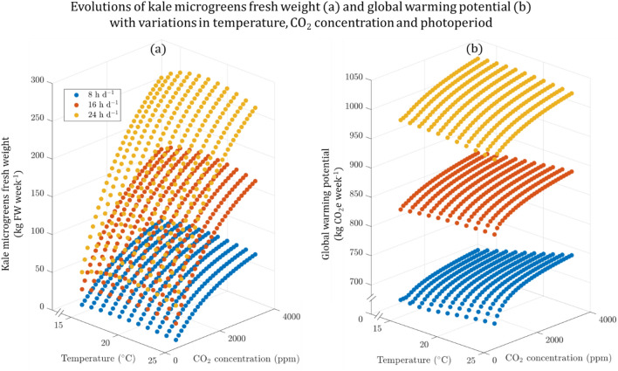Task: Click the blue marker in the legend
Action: click(76, 91)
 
